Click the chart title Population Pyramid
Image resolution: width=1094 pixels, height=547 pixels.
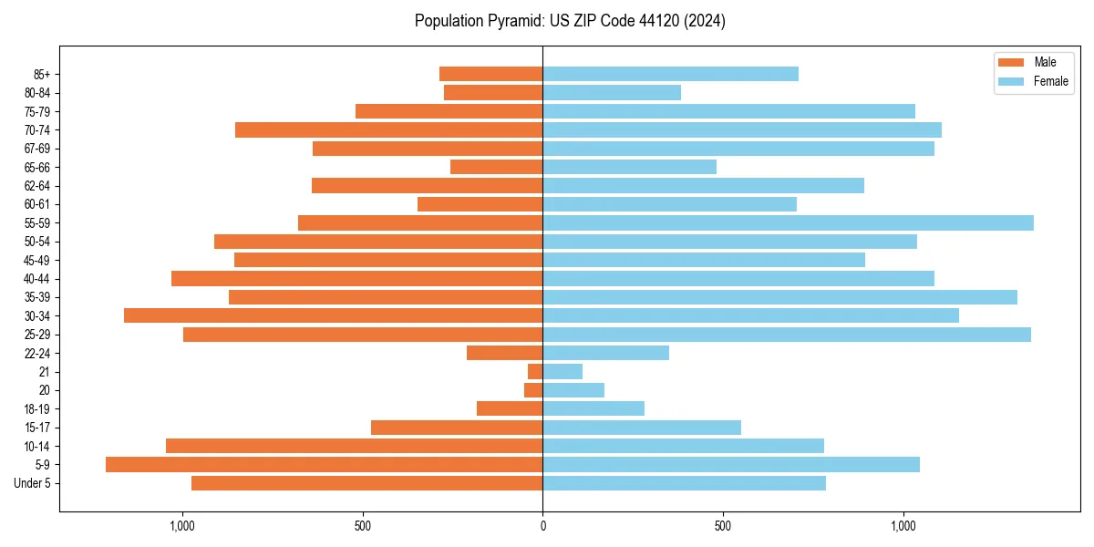570,21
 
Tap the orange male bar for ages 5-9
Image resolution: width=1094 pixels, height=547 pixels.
324,465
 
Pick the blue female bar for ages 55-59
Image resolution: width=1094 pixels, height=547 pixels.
788,223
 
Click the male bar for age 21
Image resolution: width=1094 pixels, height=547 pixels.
535,372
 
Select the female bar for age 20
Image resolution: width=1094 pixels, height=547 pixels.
573,390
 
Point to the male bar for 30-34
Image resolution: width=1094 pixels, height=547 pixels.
333,315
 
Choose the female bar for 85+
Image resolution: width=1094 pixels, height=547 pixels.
670,74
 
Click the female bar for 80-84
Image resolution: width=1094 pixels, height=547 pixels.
612,93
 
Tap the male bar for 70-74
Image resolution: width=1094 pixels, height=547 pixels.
388,130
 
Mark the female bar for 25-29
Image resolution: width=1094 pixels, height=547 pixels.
787,335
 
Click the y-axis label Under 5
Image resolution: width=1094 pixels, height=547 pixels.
33,483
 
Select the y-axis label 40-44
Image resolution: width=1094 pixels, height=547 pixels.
37,279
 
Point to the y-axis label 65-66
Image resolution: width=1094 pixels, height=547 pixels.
37,168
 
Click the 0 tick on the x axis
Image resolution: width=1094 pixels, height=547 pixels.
542,526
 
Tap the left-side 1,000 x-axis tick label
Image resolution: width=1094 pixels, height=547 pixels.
182,526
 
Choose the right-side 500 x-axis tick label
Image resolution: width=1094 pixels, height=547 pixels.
723,526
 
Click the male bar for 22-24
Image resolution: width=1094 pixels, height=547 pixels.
504,353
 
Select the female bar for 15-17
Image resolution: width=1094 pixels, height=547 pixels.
642,428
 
